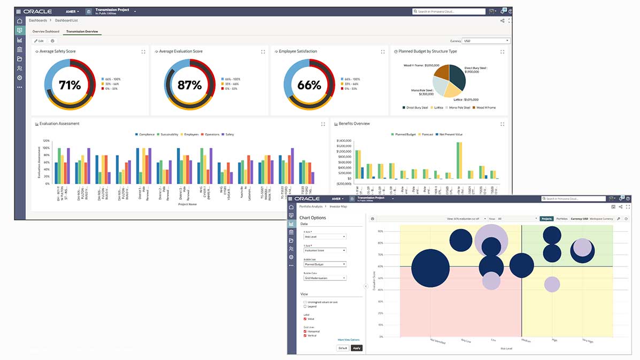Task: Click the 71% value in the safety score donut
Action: [x=70, y=85]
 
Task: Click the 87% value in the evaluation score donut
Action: [x=189, y=85]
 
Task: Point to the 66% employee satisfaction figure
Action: [x=309, y=85]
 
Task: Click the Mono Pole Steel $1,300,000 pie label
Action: [x=423, y=91]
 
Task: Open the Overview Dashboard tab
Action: [x=46, y=32]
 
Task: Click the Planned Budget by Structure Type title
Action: [x=428, y=51]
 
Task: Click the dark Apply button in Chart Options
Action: [x=357, y=348]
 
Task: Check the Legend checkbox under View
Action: [x=305, y=307]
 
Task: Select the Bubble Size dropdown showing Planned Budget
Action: [x=325, y=264]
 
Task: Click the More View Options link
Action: [x=349, y=340]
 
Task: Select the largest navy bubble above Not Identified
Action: [x=430, y=269]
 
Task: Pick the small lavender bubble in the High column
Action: [x=552, y=284]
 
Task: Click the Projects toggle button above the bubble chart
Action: [x=546, y=219]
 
